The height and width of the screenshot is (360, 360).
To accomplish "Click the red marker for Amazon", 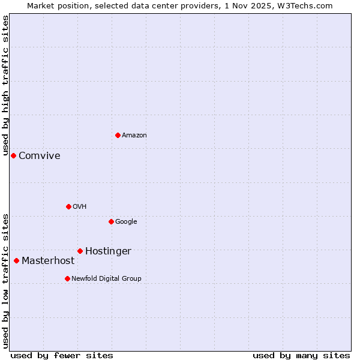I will click(x=118, y=135).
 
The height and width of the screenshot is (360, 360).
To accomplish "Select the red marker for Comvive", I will click(x=13, y=155).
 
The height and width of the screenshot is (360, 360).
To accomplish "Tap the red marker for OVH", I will click(x=68, y=206).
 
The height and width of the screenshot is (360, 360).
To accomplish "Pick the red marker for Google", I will click(x=111, y=221).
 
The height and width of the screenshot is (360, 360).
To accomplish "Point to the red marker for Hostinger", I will click(x=80, y=251).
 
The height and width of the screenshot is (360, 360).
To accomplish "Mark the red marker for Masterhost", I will click(x=16, y=260).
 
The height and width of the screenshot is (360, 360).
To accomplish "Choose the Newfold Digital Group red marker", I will click(x=67, y=278).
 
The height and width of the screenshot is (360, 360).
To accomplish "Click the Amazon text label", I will click(x=134, y=136).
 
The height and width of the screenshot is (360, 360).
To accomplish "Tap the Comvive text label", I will click(x=40, y=156).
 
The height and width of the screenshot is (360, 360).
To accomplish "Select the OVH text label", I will click(x=80, y=207).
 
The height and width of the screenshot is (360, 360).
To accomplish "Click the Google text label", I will click(x=126, y=222).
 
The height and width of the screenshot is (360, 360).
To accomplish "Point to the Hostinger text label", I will click(x=108, y=251).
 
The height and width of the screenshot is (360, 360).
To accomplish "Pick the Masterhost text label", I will click(x=48, y=261).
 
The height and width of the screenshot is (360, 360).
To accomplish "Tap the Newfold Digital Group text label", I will click(x=106, y=279).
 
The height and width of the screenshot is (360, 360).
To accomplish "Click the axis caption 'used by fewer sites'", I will click(x=62, y=355).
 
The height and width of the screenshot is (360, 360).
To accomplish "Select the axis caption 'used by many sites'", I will click(x=301, y=355).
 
